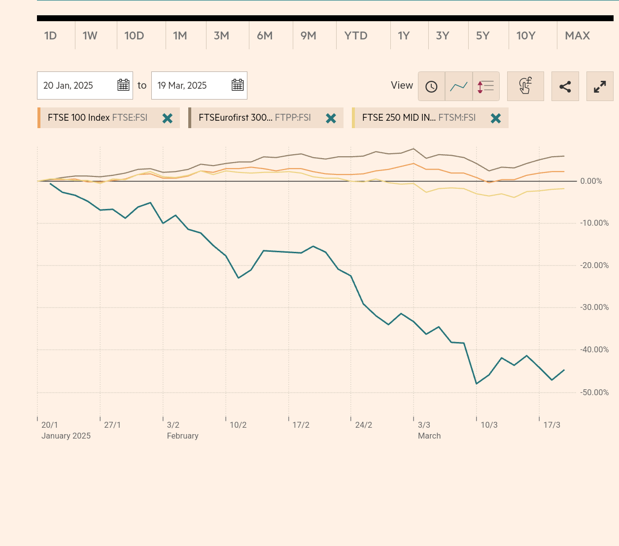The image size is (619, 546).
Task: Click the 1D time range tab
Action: tap(51, 35)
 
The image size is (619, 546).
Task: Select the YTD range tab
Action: tap(356, 35)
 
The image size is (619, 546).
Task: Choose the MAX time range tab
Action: tap(577, 35)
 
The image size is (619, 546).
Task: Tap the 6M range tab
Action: tap(265, 35)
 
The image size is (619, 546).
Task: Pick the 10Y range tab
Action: tap(526, 35)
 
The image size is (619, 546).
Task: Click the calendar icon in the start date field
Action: tap(123, 85)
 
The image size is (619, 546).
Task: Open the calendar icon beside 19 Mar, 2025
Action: tap(238, 85)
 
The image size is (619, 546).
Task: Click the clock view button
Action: tap(431, 86)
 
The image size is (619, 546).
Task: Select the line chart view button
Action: tap(459, 86)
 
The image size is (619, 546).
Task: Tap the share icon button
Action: tap(565, 87)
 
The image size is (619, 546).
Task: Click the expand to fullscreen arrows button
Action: tap(600, 87)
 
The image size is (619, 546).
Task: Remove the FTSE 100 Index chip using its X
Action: tap(168, 118)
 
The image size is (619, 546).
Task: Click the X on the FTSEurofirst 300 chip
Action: tap(331, 118)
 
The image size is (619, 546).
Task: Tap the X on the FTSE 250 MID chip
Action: tap(496, 118)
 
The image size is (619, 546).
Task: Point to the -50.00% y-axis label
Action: tap(594, 393)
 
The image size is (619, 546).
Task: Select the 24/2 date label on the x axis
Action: tap(364, 425)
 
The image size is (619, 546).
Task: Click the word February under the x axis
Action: tap(183, 436)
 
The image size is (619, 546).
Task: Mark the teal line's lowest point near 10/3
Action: tap(477, 383)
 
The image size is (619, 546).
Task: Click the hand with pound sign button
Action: tap(525, 86)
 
